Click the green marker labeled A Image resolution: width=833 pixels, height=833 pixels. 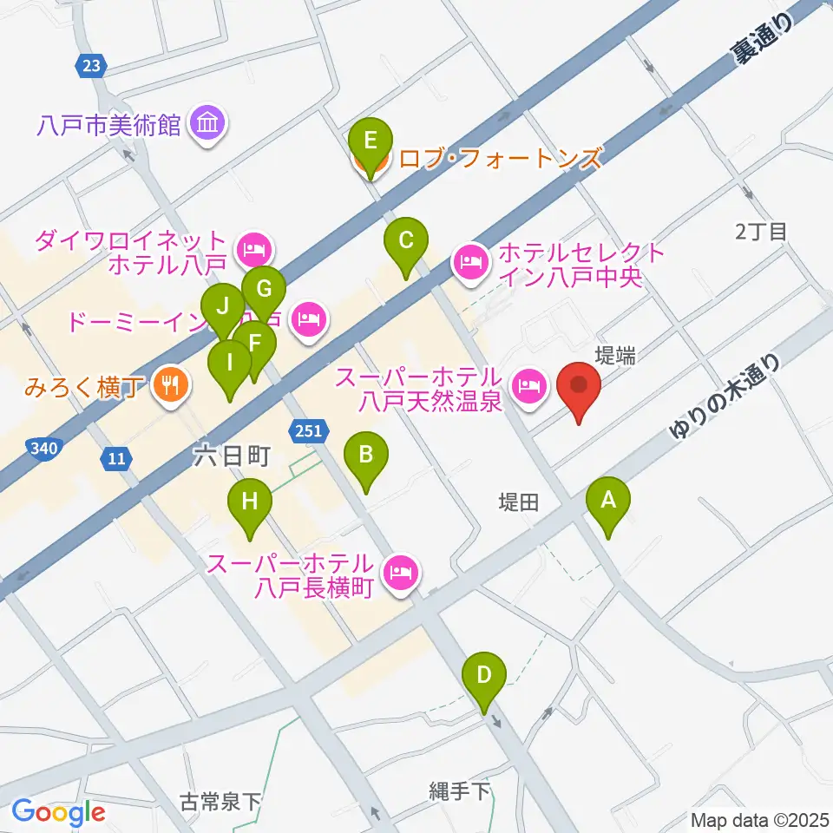pyautogui.click(x=608, y=501)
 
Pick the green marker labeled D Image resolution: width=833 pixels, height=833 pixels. pyautogui.click(x=485, y=675)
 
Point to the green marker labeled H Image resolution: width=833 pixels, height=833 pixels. pyautogui.click(x=250, y=502)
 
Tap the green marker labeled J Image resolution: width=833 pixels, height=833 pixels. pyautogui.click(x=222, y=307)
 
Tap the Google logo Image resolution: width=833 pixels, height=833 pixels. pyautogui.click(x=59, y=812)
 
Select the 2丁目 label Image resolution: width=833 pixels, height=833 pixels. pyautogui.click(x=760, y=232)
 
